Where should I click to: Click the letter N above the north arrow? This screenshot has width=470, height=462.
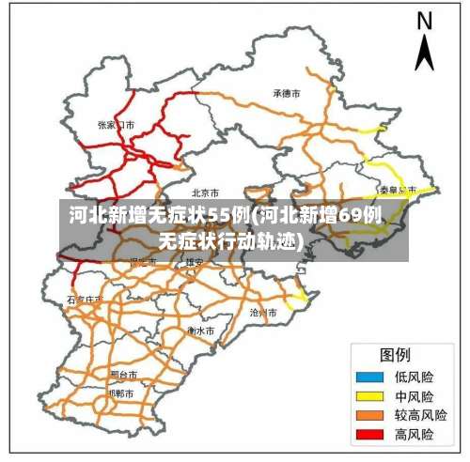coord(425,21)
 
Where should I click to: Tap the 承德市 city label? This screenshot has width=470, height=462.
coord(286,94)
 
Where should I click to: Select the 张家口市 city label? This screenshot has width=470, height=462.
coord(117,124)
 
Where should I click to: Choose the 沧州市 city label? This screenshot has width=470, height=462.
coord(263,311)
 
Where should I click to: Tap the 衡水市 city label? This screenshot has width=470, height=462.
coord(200,331)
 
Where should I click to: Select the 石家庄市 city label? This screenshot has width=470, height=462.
coord(85,300)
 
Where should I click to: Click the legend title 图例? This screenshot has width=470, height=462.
coord(395,355)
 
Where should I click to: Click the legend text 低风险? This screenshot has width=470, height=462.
coord(414,377)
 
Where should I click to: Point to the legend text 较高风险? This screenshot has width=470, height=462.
coord(420,415)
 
